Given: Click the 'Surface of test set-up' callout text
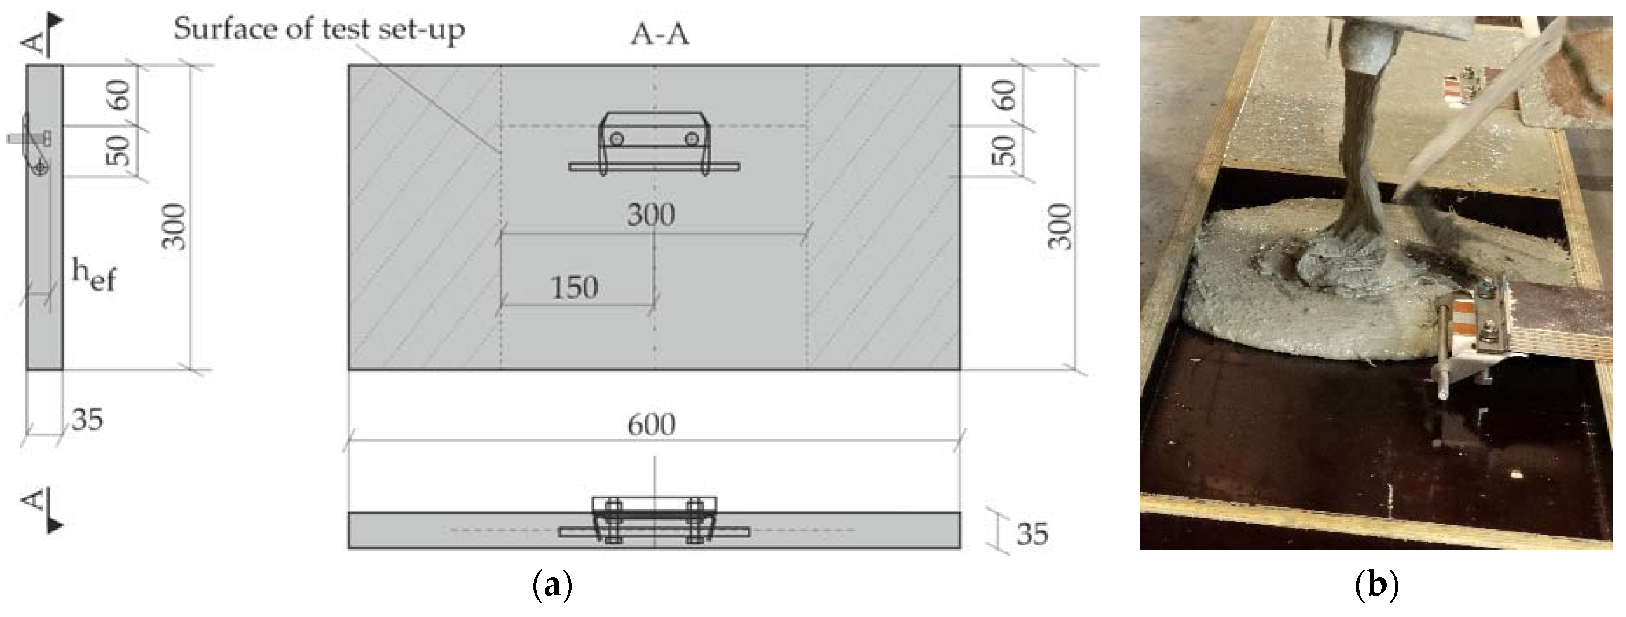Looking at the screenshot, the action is point(319,30).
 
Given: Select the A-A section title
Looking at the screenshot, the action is point(659,35).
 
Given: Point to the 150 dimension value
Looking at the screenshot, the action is point(574,288).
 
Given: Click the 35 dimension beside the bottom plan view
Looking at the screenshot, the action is point(1032,534).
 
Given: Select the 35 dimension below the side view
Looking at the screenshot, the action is point(88,419).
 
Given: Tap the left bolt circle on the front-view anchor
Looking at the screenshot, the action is point(617,138).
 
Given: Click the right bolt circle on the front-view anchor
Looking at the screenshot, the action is point(691,138).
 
